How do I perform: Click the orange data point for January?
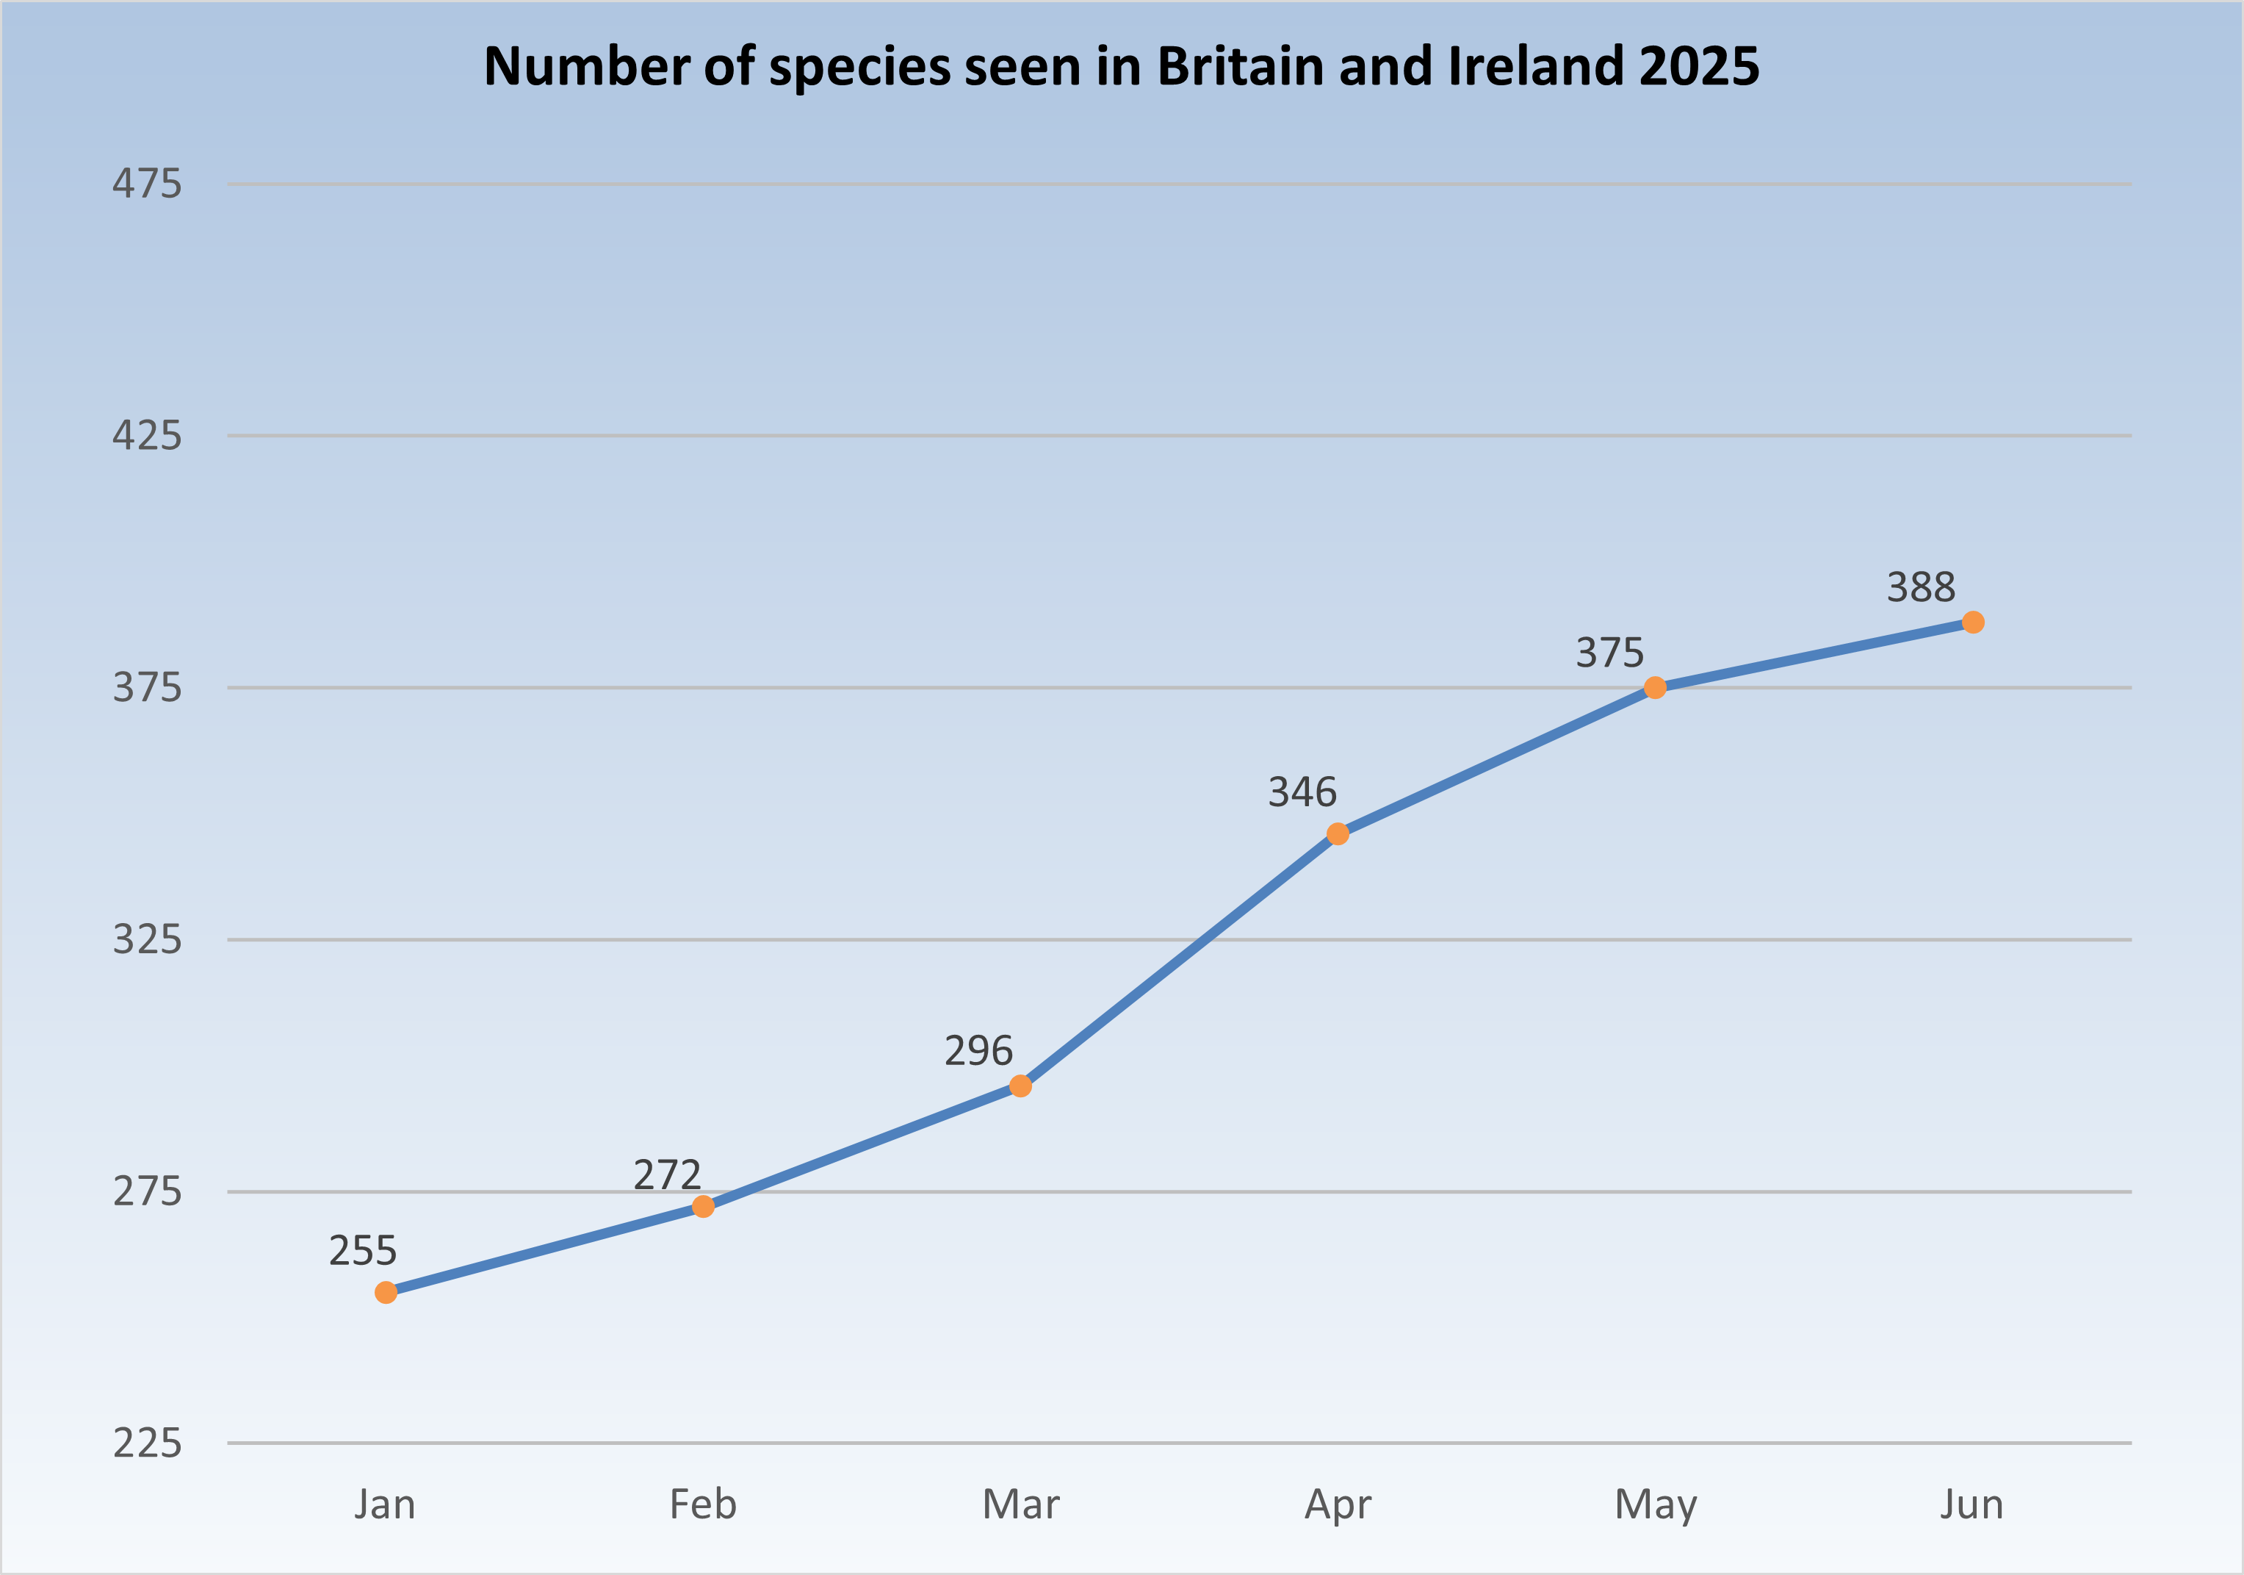coord(386,1293)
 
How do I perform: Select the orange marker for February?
coord(704,1207)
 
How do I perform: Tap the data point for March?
coord(1020,1086)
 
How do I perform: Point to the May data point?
coord(1655,688)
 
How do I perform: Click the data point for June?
coord(1972,622)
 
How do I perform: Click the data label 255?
coord(363,1250)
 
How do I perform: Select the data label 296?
coord(978,1051)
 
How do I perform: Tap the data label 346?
coord(1302,792)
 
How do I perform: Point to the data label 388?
coord(1921,587)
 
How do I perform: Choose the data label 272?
coord(668,1175)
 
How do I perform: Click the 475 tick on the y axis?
coord(147,184)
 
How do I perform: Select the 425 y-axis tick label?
coord(147,435)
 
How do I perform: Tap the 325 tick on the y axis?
coord(147,939)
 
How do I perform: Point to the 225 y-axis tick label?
coord(147,1443)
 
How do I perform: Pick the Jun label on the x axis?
coord(1972,1504)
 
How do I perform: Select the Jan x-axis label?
coord(385,1504)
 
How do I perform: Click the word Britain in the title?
coord(1239,66)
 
